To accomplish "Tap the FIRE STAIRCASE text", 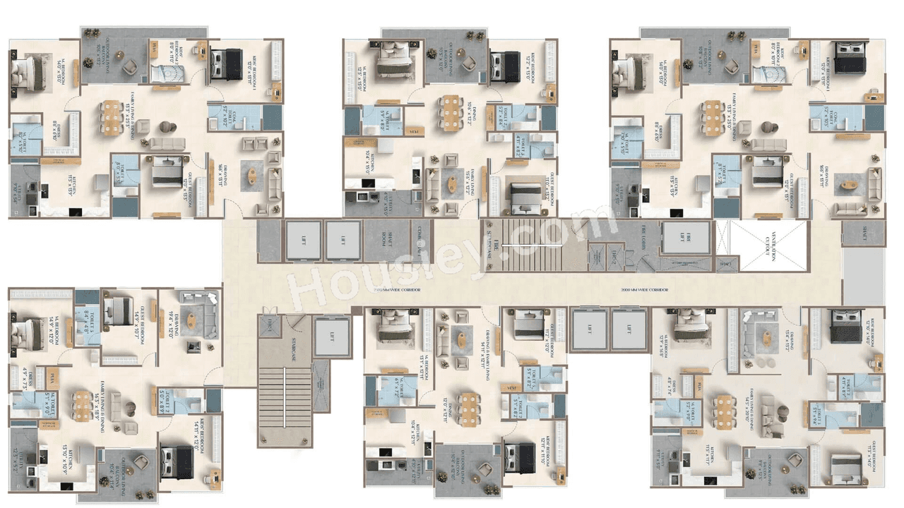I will click(488, 247).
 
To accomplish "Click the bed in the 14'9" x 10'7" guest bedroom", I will click(117, 310).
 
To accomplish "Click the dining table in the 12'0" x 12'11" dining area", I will click(467, 408).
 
